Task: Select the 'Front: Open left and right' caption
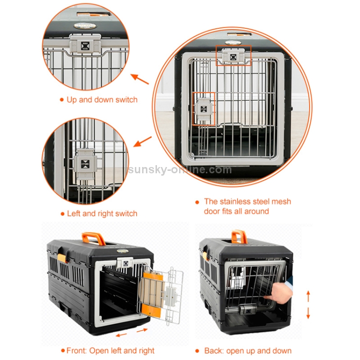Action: (x=108, y=350)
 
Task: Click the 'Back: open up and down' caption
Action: (x=248, y=350)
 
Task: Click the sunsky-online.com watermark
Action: (x=180, y=169)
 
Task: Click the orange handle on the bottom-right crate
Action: (x=239, y=236)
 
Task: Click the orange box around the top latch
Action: (x=233, y=56)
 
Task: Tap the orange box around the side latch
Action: (x=204, y=109)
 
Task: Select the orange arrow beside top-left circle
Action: (x=140, y=79)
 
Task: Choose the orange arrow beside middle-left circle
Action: (x=142, y=142)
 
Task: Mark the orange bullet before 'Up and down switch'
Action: (x=61, y=100)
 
